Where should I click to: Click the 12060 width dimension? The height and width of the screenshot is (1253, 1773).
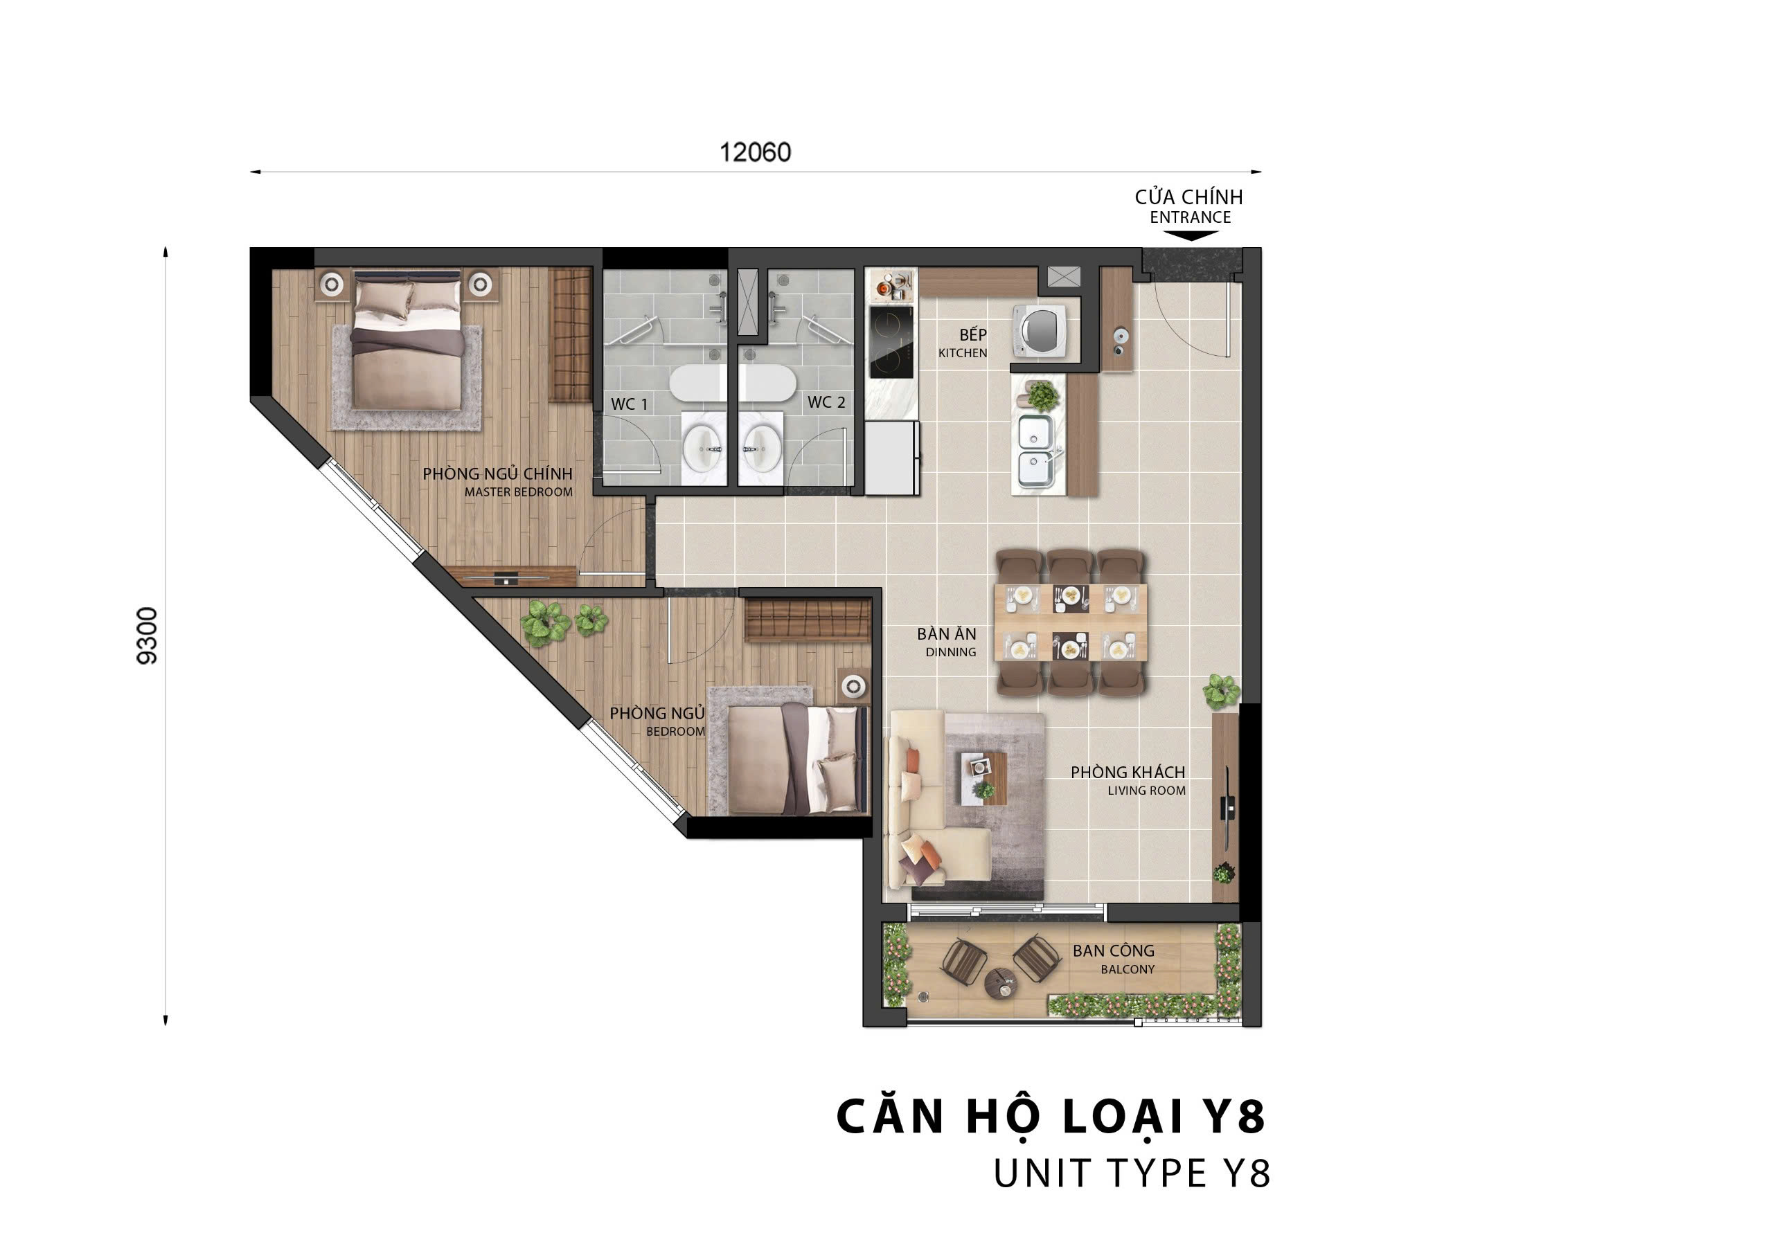(x=755, y=152)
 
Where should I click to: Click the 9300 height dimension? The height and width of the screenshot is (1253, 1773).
(x=147, y=635)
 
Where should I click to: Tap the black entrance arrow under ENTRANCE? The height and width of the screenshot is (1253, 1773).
(x=1190, y=235)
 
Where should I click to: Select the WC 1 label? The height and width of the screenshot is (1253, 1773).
(x=630, y=404)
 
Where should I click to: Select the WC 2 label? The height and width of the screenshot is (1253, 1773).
(x=826, y=402)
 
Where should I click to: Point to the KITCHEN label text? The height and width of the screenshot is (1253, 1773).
(x=963, y=353)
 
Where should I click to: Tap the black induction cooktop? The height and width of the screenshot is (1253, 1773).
(x=891, y=342)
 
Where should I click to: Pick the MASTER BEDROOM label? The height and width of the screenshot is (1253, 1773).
(x=519, y=492)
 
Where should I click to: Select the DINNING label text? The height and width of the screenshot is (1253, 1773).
(x=951, y=652)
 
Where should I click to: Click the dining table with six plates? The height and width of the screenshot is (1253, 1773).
(x=1071, y=622)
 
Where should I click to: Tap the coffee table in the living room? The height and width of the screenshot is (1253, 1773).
(x=983, y=777)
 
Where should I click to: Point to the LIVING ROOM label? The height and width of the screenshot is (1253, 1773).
(x=1147, y=791)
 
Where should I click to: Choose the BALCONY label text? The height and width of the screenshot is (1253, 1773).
(x=1128, y=969)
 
